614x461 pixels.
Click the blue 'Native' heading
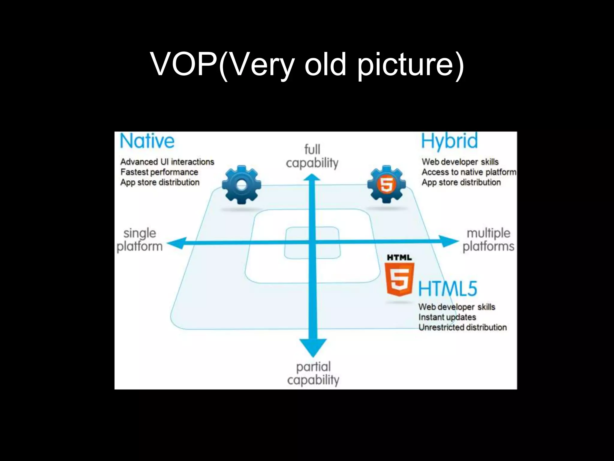[x=147, y=141]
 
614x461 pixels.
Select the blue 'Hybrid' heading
[x=449, y=141]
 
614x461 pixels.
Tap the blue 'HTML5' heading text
[x=447, y=289]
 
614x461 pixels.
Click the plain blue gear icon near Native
[x=241, y=185]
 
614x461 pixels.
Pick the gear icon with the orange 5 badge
[x=386, y=184]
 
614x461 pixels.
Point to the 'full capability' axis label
[x=312, y=156]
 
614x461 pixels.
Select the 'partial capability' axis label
[x=313, y=373]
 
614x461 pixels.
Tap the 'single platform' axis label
[x=140, y=240]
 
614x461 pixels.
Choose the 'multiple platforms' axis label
[x=488, y=240]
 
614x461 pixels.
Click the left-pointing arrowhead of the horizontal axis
[x=177, y=243]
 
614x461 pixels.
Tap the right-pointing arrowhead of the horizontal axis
[x=449, y=241]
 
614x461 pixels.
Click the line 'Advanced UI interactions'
[x=167, y=162]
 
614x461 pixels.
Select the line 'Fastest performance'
[x=159, y=172]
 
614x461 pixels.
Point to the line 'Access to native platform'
[x=469, y=172]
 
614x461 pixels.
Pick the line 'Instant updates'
[x=447, y=317]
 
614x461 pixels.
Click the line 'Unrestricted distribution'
[x=462, y=327]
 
